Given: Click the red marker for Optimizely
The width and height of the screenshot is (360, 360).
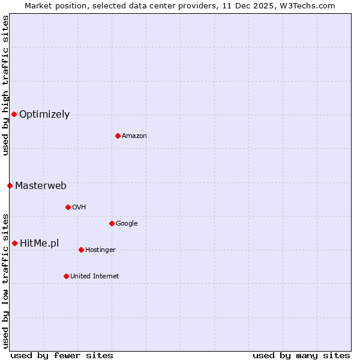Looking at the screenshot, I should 14,114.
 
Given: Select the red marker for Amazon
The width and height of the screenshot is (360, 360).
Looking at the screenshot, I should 118,136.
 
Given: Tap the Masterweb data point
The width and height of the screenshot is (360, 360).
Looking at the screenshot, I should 10,185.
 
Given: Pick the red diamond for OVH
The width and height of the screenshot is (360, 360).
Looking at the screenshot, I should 68,207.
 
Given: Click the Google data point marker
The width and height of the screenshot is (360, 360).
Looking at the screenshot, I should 112,223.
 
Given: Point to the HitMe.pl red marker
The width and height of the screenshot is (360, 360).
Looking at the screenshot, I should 14,243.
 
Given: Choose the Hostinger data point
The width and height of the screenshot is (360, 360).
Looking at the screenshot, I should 81,250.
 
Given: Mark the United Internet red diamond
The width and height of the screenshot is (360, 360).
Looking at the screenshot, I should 66,276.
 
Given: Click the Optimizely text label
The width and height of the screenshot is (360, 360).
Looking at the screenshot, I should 44,115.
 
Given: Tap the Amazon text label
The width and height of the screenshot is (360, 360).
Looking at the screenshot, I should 134,136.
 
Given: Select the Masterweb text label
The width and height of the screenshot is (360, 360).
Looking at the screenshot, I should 41,186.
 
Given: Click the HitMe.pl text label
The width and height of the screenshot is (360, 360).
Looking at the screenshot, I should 40,244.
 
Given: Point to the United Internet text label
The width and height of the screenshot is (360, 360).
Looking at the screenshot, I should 95,277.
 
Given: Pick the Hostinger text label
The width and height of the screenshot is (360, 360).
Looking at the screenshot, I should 100,250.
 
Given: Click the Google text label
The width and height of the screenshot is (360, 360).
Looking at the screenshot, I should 127,224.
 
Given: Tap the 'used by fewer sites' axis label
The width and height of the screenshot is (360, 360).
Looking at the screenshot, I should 62,355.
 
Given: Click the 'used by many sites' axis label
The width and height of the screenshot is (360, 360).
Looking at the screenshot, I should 301,355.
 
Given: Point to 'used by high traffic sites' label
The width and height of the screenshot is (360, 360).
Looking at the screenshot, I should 5,86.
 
